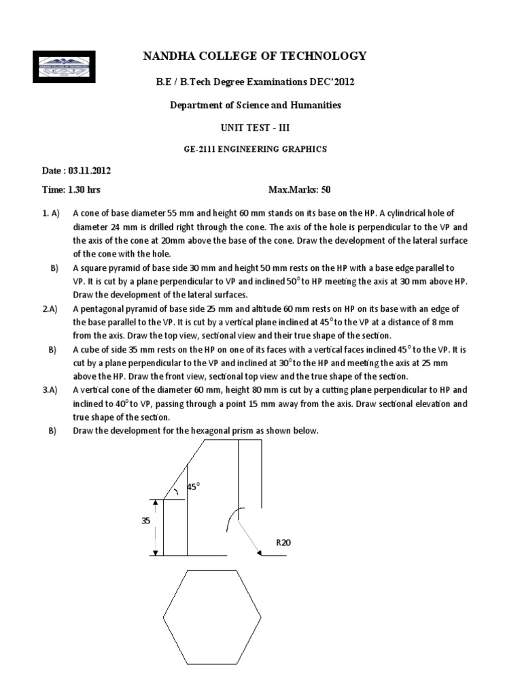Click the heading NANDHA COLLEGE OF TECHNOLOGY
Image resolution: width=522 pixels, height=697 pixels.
[255, 56]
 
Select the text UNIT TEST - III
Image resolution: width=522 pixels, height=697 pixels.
[255, 127]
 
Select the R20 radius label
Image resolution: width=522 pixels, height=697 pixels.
[283, 542]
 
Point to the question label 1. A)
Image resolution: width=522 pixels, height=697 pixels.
[47, 213]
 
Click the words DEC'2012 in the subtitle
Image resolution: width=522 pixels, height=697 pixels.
[334, 82]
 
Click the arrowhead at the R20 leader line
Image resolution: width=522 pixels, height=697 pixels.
[259, 553]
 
